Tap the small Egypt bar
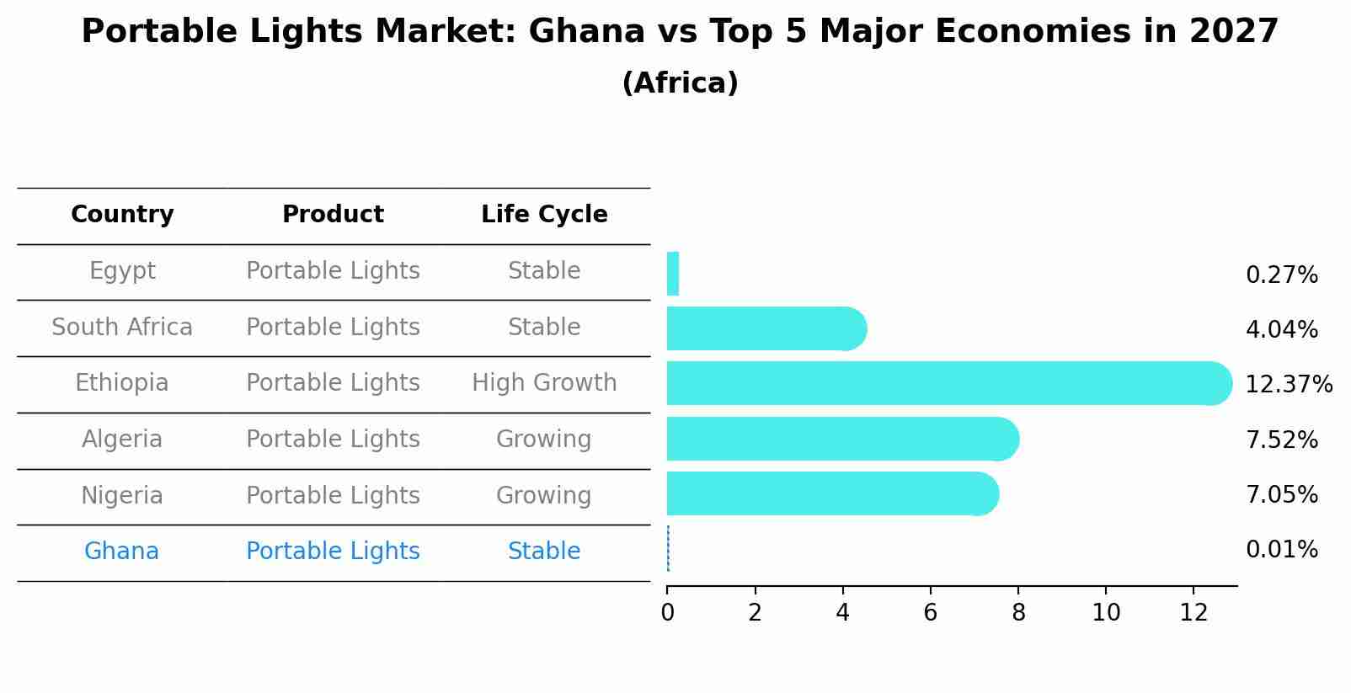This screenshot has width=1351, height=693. click(x=673, y=274)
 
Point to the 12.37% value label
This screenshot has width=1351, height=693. click(x=1289, y=385)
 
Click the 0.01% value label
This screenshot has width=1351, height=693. click(x=1281, y=550)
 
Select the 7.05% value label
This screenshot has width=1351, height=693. click(x=1281, y=494)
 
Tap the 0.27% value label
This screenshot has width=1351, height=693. click(x=1281, y=275)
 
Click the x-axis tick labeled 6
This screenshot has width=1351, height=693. click(x=931, y=613)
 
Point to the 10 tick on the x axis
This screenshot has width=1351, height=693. click(x=1106, y=613)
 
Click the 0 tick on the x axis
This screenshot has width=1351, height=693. click(x=668, y=613)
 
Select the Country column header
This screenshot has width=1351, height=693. click(x=122, y=215)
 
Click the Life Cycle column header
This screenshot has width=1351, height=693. click(x=544, y=215)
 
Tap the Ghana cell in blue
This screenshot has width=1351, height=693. click(x=122, y=552)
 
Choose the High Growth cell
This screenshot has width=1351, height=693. click(x=544, y=383)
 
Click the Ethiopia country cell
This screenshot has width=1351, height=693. click(x=122, y=383)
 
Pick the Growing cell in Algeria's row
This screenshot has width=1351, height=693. click(x=544, y=440)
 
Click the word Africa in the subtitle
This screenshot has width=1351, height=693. click(x=680, y=83)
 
